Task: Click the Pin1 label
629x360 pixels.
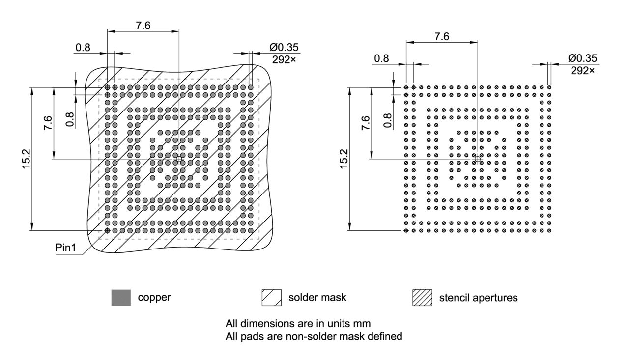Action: coord(65,247)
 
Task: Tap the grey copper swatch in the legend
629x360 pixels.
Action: coord(121,298)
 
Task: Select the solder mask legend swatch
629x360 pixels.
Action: coord(272,298)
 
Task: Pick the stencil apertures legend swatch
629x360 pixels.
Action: coord(422,298)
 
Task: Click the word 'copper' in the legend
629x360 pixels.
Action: coord(154,298)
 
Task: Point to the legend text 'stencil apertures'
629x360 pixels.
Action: coord(478,298)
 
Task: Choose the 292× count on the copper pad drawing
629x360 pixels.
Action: coord(284,60)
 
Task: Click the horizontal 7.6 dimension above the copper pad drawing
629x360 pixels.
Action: coord(143,26)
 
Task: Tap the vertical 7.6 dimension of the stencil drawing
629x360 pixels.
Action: coord(365,123)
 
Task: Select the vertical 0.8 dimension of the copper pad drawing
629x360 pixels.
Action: coord(70,119)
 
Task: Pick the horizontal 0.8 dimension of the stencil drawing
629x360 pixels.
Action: coord(381,58)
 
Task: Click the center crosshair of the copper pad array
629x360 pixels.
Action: coord(179,159)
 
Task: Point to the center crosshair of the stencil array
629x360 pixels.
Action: coord(478,159)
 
